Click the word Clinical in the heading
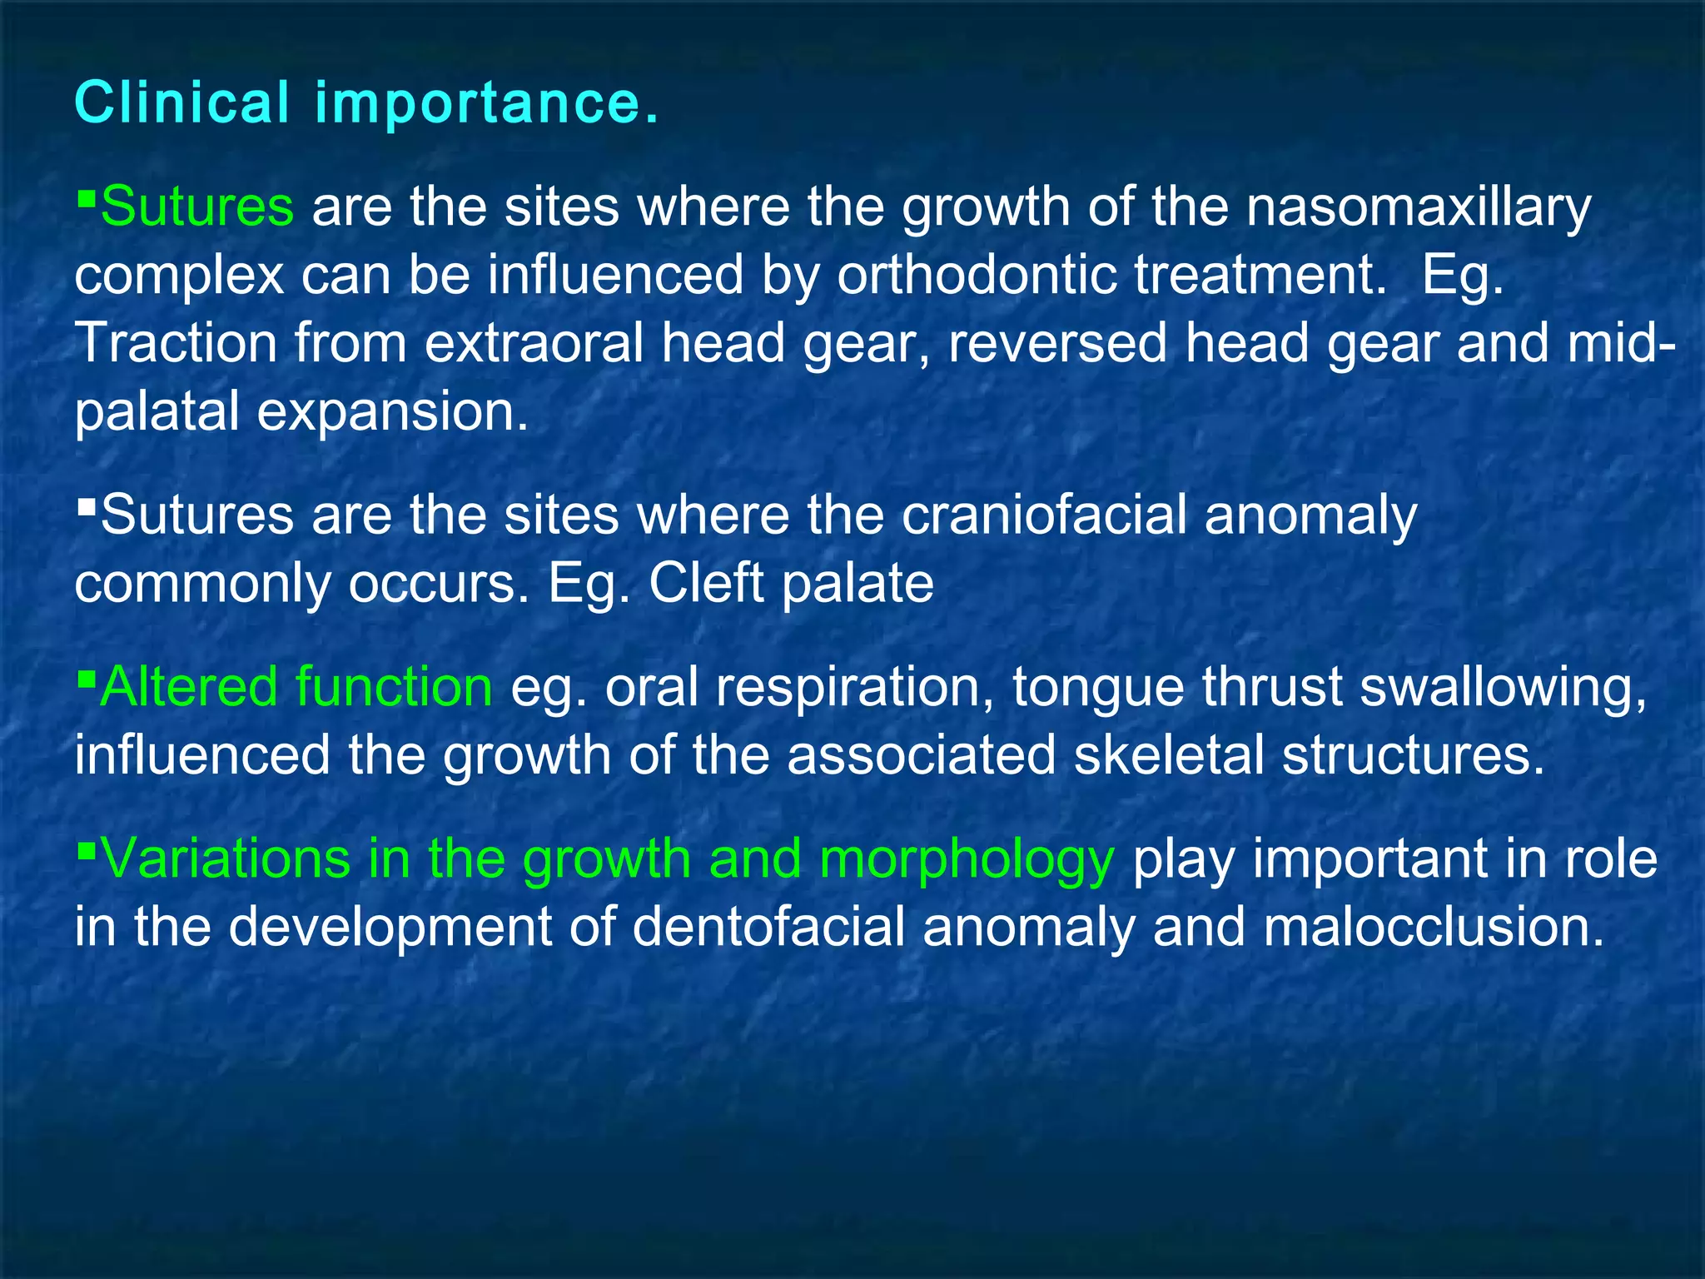click(181, 103)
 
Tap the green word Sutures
click(196, 207)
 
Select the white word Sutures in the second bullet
click(196, 515)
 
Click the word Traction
click(175, 343)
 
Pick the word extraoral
click(534, 343)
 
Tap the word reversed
click(1057, 343)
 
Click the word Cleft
click(706, 583)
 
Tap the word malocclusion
click(1433, 927)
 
